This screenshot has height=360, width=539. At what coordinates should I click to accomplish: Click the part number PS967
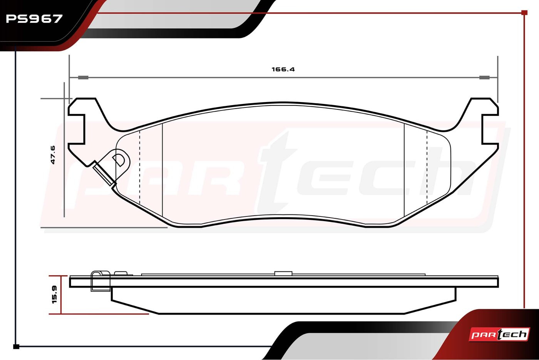(34, 19)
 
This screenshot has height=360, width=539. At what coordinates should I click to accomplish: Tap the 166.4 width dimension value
(283, 69)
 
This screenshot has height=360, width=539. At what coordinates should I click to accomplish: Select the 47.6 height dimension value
(53, 155)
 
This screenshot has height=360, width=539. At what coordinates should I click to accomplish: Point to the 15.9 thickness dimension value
(54, 295)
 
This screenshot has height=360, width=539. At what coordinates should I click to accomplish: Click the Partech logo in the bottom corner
(499, 335)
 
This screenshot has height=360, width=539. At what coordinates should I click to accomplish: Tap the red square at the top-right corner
(524, 12)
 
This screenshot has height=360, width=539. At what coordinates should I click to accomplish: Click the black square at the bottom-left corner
(16, 347)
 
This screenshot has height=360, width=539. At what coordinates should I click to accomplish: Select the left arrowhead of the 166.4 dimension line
(83, 77)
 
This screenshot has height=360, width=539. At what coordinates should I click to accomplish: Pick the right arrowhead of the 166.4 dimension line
(484, 77)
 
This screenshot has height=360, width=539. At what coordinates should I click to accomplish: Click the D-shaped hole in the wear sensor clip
(119, 160)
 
